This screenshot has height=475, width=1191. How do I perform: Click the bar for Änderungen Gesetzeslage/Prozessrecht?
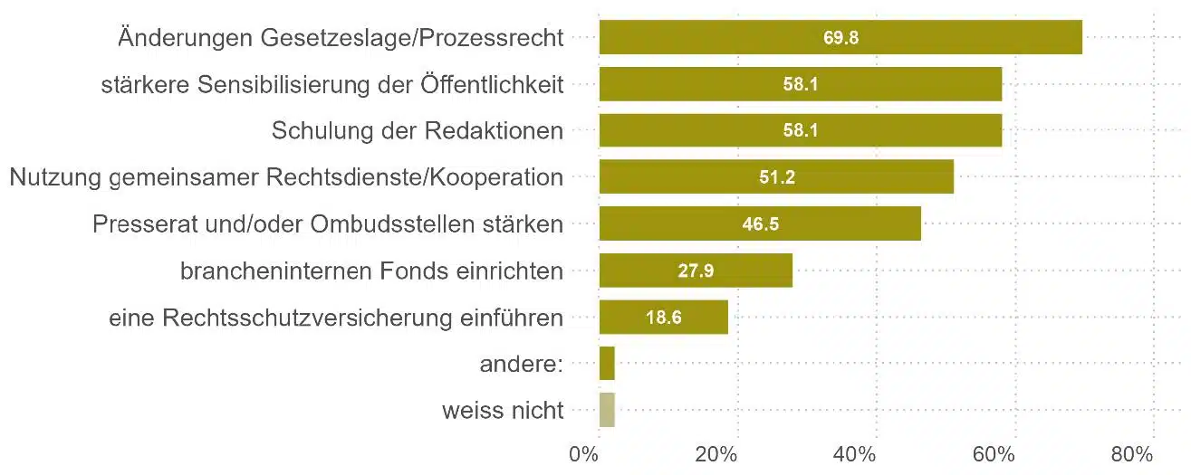pyautogui.click(x=840, y=37)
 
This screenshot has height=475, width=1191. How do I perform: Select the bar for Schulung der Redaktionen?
pyautogui.click(x=801, y=130)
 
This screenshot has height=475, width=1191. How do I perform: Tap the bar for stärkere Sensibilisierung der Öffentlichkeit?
pyautogui.click(x=801, y=84)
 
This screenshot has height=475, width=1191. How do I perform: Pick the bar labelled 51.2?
pyautogui.click(x=776, y=177)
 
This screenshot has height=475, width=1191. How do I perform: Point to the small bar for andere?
pyautogui.click(x=607, y=364)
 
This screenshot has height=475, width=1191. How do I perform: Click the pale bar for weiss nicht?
pyautogui.click(x=607, y=410)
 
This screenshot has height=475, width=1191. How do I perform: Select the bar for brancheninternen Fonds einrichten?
pyautogui.click(x=696, y=271)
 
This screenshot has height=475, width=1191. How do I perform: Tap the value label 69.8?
pyautogui.click(x=841, y=38)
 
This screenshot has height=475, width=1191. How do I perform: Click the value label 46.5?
pyautogui.click(x=761, y=224)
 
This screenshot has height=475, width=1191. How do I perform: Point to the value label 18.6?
pyautogui.click(x=664, y=318)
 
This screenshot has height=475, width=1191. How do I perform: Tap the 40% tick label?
pyautogui.click(x=858, y=453)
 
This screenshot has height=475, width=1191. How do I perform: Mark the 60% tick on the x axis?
pyautogui.click(x=995, y=453)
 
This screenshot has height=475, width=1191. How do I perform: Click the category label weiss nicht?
pyautogui.click(x=503, y=411)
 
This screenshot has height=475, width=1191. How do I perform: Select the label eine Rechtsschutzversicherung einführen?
pyautogui.click(x=336, y=318)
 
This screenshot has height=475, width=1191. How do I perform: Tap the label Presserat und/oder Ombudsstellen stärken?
pyautogui.click(x=328, y=224)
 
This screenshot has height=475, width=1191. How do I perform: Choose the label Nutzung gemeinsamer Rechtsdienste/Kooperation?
pyautogui.click(x=286, y=177)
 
